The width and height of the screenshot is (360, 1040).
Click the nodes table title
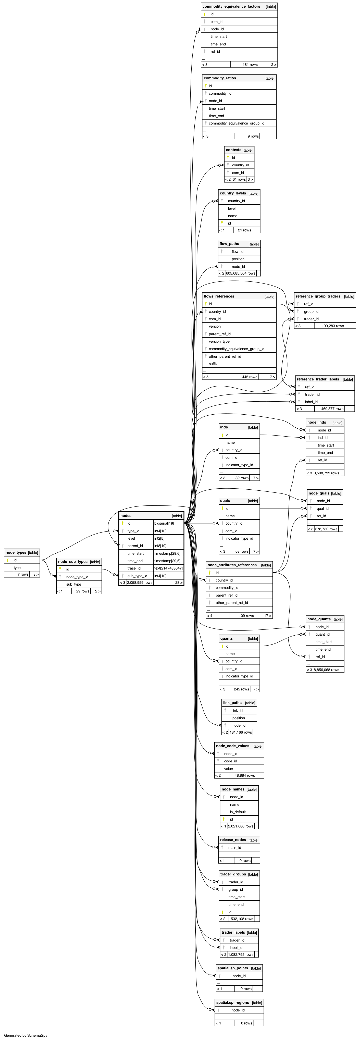[126, 516]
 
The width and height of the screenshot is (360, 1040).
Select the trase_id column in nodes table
[134, 568]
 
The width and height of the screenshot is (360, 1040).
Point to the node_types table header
[16, 552]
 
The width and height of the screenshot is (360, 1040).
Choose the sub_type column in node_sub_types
[74, 584]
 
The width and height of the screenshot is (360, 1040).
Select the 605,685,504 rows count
[241, 273]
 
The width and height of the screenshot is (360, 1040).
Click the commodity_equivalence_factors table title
[231, 6]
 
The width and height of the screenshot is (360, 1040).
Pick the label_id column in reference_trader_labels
[311, 402]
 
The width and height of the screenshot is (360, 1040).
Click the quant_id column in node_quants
[322, 634]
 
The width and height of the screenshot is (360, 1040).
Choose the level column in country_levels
[232, 208]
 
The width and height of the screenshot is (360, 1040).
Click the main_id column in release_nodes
[234, 847]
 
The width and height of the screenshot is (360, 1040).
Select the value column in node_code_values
[228, 769]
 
